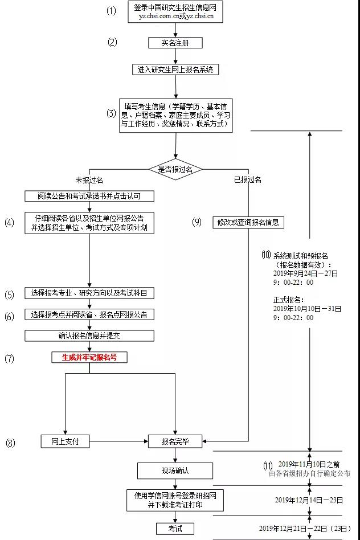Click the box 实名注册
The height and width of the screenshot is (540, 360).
coord(175,43)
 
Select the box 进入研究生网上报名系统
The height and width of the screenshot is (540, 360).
coord(175,69)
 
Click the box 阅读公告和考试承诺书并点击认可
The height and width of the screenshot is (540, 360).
coord(89,196)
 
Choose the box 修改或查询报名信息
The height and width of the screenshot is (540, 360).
coord(248,222)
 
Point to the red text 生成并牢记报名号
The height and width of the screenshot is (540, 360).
coord(89,358)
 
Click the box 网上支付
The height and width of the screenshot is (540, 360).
coord(66,441)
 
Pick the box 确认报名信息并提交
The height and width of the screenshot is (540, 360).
coord(89,336)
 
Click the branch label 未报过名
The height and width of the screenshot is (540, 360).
coord(89,180)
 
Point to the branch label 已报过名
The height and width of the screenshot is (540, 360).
coord(248,180)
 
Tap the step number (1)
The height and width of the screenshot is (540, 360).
coord(111,11)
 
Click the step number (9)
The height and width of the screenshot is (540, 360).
coord(197,222)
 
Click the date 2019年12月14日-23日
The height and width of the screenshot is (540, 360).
coord(309,500)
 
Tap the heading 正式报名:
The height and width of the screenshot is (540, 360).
coord(288,300)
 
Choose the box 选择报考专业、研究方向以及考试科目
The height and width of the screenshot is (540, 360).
coord(89,293)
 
